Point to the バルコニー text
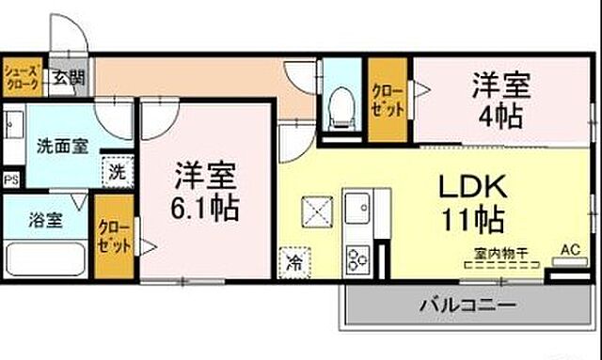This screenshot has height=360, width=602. (x=466, y=305)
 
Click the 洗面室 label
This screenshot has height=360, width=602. (x=61, y=147)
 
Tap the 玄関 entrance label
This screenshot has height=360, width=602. (x=67, y=79)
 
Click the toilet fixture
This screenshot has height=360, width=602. (x=341, y=108)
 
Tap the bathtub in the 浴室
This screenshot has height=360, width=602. (x=46, y=258)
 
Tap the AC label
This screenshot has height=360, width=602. (x=570, y=250)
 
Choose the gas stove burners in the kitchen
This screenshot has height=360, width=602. (x=358, y=257)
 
